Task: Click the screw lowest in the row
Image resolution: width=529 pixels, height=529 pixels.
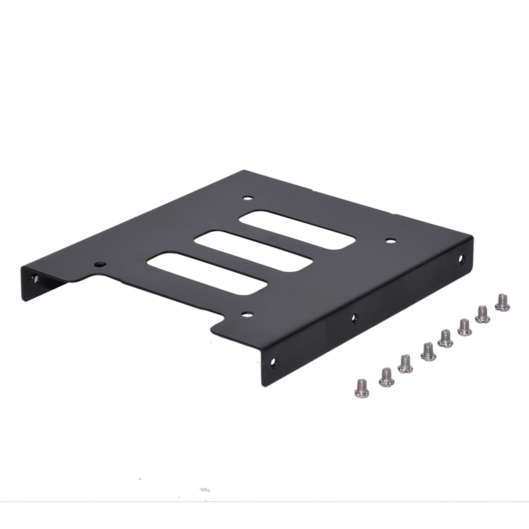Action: tap(362, 388)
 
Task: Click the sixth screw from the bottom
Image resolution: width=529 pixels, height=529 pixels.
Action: tap(464, 327)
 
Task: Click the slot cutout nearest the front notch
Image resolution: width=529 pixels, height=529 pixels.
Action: tap(207, 274)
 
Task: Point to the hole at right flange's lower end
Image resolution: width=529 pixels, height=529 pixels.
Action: tap(273, 363)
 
